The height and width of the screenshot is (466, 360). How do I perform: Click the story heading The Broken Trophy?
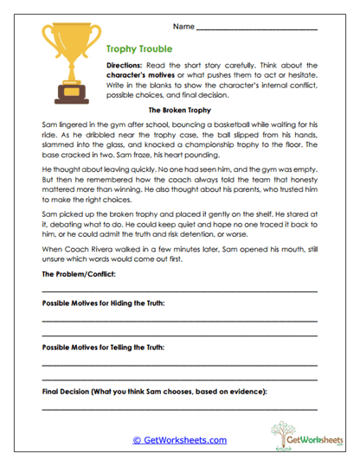click(x=179, y=112)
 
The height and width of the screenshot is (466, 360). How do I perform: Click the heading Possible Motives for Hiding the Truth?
click(x=103, y=303)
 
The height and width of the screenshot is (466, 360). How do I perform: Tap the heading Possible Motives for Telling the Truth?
click(x=103, y=347)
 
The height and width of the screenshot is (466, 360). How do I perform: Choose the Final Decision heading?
click(x=154, y=391)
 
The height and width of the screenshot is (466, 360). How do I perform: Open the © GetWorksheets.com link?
click(x=179, y=440)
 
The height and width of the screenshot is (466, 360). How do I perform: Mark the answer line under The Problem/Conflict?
click(x=179, y=291)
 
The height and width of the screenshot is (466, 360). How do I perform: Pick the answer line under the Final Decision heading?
click(x=179, y=408)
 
